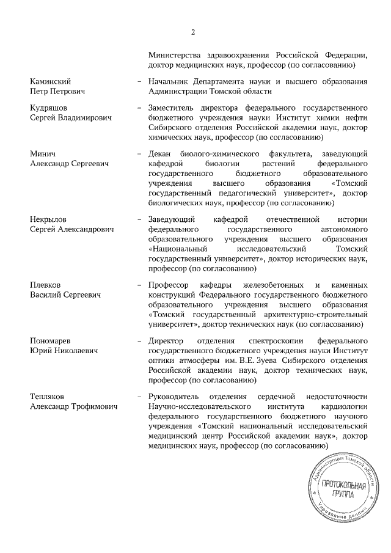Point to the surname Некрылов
(x=49, y=218)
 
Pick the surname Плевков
(x=46, y=285)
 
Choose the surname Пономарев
(x=53, y=340)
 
